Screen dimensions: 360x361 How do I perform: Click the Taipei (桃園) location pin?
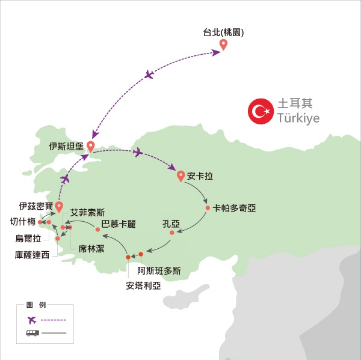[x=223, y=44]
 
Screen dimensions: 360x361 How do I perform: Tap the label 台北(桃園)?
[x=223, y=32]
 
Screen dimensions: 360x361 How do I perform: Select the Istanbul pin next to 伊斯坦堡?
[x=90, y=146]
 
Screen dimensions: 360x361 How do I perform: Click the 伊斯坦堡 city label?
[x=67, y=145]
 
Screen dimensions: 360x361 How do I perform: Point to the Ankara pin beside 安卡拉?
[x=180, y=176]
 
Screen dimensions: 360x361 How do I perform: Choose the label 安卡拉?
[x=200, y=177]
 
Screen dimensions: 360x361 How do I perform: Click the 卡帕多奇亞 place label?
[x=235, y=208]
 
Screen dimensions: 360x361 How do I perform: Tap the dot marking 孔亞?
[x=172, y=233]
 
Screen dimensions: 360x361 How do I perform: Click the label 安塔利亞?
[x=144, y=285]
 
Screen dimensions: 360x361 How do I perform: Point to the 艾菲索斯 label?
[x=87, y=212]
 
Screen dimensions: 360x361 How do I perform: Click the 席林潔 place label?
[x=91, y=248]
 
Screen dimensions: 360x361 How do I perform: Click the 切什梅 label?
[x=23, y=222]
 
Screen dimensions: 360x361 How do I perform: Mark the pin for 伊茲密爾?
[x=59, y=207]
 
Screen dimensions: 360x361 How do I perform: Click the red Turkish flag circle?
[x=260, y=111]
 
